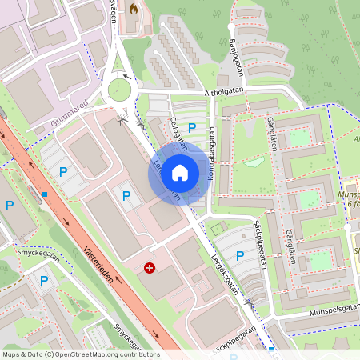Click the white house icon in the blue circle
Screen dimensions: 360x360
180,173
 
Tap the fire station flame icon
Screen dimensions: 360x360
134,8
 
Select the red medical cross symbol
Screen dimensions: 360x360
150,267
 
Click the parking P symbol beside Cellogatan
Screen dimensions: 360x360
192,126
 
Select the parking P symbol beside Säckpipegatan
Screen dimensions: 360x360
240,255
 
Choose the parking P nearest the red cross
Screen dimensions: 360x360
126,194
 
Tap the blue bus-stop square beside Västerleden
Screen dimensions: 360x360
46,194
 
